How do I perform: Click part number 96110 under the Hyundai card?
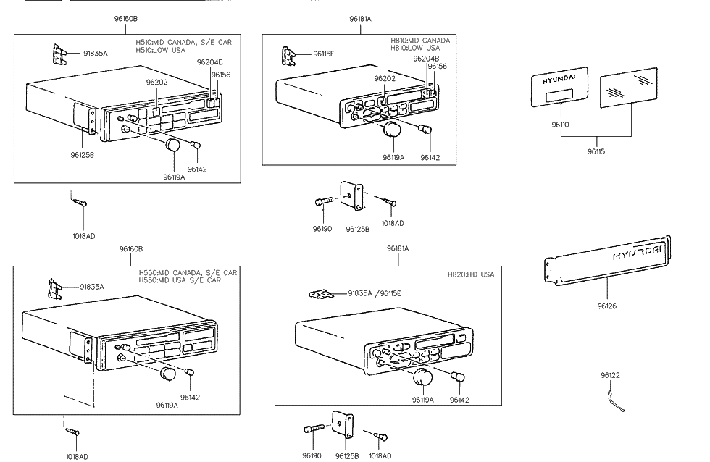coord(560,125)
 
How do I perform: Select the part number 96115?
coord(596,151)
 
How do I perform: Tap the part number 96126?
coord(607,306)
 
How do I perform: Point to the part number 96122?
coord(610,375)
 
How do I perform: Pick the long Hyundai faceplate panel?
coord(608,261)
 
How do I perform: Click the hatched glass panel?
coord(629,88)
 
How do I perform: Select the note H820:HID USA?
coord(471,274)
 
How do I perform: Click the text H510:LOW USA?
coord(160,50)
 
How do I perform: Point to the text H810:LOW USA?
coord(415,48)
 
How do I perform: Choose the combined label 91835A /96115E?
coord(374,293)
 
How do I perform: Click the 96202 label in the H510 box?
coord(156,83)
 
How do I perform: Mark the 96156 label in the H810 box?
coord(437,67)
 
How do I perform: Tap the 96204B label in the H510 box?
coord(209,62)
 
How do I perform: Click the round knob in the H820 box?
coord(422,377)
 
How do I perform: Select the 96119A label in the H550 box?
coord(167,406)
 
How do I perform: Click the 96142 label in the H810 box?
coord(430,157)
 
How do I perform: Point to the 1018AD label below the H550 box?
coord(77,457)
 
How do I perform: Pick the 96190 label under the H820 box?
coord(312,455)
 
